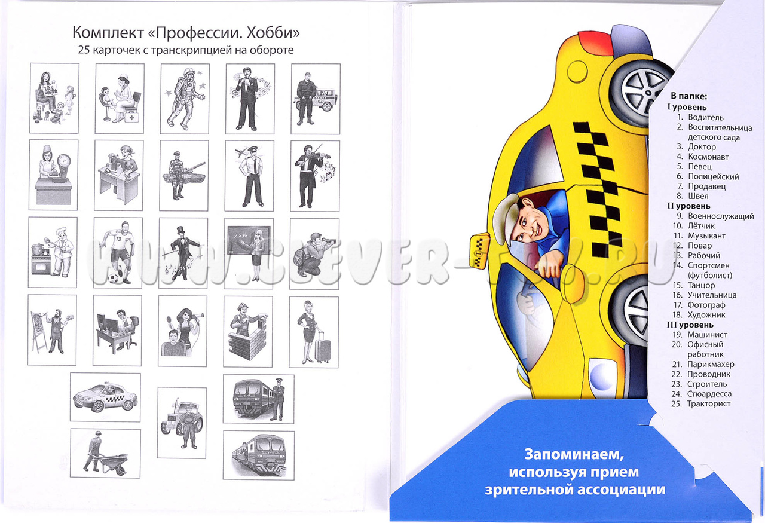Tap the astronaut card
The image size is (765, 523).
click(x=185, y=99)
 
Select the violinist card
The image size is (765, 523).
click(x=315, y=176)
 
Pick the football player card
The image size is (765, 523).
click(x=118, y=253)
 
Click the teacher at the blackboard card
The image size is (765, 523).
click(x=249, y=253)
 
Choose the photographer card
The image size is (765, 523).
click(x=314, y=254)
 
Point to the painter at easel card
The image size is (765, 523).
click(x=52, y=330)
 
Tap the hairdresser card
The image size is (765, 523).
click(x=182, y=331)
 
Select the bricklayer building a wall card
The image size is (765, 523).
click(x=248, y=331)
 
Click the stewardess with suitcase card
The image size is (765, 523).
click(x=314, y=332)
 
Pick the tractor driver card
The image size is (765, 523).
click(x=182, y=423)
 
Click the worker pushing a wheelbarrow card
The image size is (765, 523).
click(x=105, y=453)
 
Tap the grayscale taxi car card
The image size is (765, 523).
click(x=105, y=397)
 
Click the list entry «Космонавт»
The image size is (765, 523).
click(x=708, y=157)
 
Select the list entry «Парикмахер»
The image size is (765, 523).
click(x=711, y=364)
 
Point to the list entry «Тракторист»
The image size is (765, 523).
click(x=709, y=404)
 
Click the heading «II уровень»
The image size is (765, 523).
click(x=689, y=206)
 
